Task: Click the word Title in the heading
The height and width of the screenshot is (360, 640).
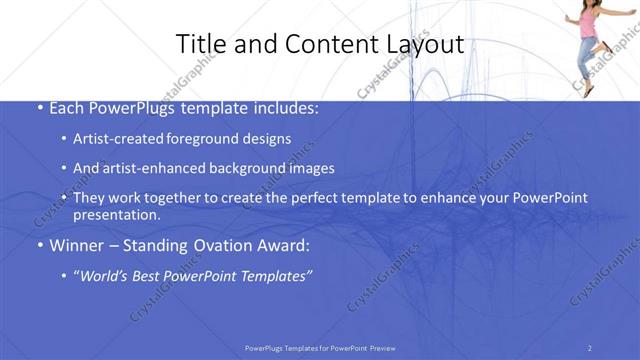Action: point(199,44)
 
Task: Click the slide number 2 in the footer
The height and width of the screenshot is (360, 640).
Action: point(590,347)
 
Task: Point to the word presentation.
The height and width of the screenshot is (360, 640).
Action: point(116,214)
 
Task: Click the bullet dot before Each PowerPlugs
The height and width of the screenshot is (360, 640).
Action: point(38,106)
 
